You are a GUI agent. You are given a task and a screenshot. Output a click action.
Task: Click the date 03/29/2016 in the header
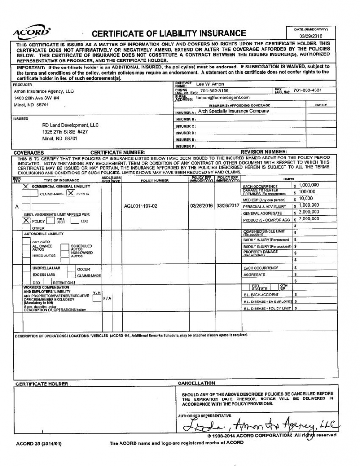pos(311,36)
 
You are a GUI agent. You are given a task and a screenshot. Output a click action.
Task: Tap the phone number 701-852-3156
pos(214,90)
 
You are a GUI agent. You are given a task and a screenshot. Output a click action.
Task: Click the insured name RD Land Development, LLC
pos(70,125)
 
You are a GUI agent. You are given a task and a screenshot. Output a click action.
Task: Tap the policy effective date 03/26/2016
pos(202,206)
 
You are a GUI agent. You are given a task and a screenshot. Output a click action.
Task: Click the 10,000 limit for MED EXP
pos(306,199)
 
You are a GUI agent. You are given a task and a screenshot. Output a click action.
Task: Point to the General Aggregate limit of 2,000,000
pos(308,212)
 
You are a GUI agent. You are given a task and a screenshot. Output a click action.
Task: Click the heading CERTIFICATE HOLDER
pos(42,384)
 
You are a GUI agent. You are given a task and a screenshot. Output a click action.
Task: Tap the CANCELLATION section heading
pos(196,383)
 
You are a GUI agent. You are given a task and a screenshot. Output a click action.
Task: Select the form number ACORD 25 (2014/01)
pos(39,443)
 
